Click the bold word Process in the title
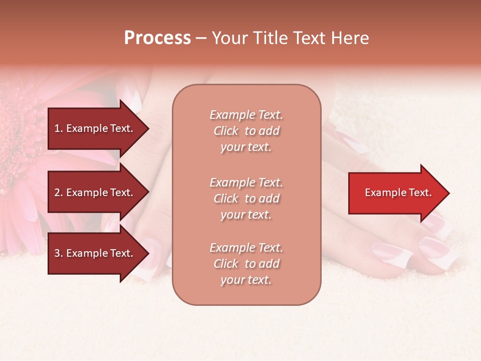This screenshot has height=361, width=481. (x=157, y=38)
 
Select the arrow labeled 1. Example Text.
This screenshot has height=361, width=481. (x=95, y=128)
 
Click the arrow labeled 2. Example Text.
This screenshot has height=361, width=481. (x=95, y=193)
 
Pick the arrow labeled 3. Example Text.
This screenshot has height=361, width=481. (x=95, y=253)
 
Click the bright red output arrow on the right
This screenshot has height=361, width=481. (x=396, y=193)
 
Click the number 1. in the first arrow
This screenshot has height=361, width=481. (x=59, y=128)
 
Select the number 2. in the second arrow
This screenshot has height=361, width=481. (x=59, y=193)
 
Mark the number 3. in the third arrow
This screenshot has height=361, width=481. (x=59, y=253)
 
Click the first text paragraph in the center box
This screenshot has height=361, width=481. (x=246, y=131)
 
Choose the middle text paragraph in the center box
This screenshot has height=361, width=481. (x=246, y=198)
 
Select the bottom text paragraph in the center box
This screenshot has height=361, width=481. (x=246, y=264)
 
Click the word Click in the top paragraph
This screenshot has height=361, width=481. (x=225, y=131)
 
